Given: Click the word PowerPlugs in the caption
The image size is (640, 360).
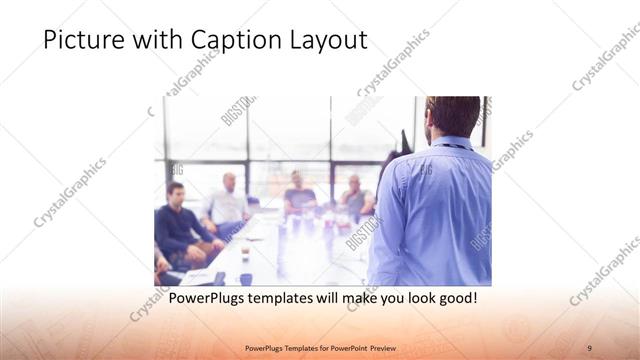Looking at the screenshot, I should pyautogui.click(x=208, y=298).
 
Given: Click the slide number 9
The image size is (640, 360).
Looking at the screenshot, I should pyautogui.click(x=590, y=347).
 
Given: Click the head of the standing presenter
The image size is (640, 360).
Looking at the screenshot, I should pyautogui.click(x=452, y=117).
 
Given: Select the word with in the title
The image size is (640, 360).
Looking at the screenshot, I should pyautogui.click(x=157, y=40).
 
